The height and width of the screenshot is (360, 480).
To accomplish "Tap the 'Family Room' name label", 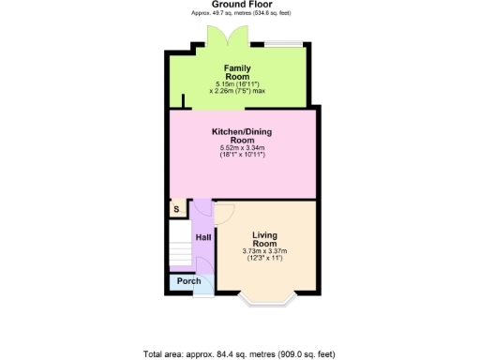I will (236, 72).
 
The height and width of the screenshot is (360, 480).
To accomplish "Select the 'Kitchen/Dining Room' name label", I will (243, 137).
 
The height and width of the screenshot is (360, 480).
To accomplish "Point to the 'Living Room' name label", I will (265, 239).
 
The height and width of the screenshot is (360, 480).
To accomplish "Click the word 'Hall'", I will (202, 238).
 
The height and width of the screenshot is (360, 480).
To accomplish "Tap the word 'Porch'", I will (189, 281).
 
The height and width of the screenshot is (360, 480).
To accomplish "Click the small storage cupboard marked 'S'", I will (175, 209).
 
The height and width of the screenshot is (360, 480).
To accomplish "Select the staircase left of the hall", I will (180, 250).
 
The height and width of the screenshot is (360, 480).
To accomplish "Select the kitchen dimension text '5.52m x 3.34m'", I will (243, 148).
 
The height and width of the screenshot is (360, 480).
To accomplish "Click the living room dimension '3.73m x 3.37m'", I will (265, 251).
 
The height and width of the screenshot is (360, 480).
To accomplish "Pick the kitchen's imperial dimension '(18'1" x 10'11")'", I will (243, 155).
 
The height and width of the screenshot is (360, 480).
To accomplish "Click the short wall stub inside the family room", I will (184, 100).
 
